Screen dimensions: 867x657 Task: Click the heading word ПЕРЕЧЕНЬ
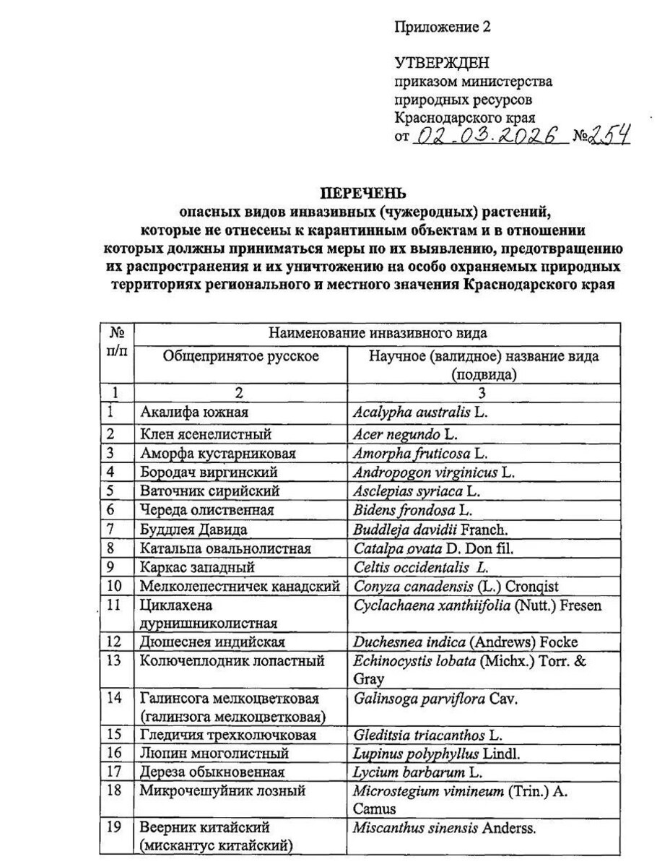pos(363,194)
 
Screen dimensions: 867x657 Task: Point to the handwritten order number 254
pos(611,135)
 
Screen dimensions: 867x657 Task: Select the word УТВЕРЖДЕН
pos(442,64)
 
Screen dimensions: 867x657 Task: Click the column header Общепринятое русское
pos(240,356)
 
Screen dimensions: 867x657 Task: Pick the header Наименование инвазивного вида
pos(378,333)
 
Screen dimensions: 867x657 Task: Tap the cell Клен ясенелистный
pos(206,434)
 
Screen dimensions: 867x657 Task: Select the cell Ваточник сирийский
pos(210,491)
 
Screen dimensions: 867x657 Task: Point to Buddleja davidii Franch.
pos(420,529)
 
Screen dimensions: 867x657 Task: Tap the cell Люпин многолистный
pos(214,754)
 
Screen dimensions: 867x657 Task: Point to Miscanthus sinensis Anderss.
pos(443,828)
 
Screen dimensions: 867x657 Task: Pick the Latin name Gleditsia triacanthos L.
pos(427,735)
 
